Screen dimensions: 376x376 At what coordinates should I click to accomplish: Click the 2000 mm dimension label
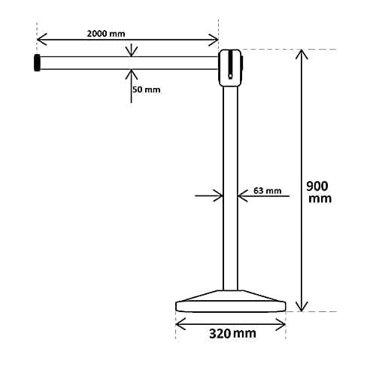coord(106,34)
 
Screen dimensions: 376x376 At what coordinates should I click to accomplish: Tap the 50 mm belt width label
coord(147,89)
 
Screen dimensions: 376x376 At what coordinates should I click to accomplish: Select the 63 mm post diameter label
coord(267,191)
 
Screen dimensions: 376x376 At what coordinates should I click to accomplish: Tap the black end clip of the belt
coord(37,63)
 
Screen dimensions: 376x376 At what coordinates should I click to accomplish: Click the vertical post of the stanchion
coord(230,188)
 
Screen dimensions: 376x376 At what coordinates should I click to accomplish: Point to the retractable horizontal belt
coord(128,63)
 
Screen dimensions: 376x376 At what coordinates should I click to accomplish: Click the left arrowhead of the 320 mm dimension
coord(180,325)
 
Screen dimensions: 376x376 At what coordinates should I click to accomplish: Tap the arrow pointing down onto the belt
coord(132,52)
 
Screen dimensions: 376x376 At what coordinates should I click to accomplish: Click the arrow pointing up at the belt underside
coord(132,74)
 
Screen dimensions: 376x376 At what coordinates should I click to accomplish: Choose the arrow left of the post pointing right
coord(219,196)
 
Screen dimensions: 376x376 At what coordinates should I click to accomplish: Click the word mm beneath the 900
coord(320,199)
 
